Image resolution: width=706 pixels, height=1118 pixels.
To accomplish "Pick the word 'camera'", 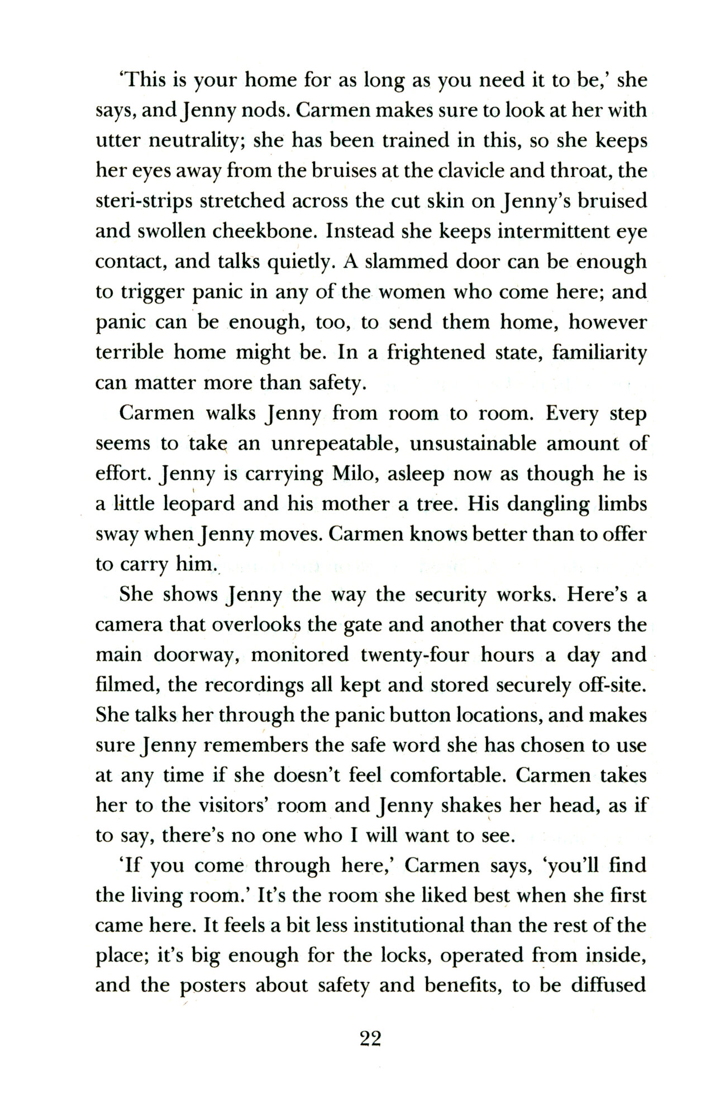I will tap(128, 624).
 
